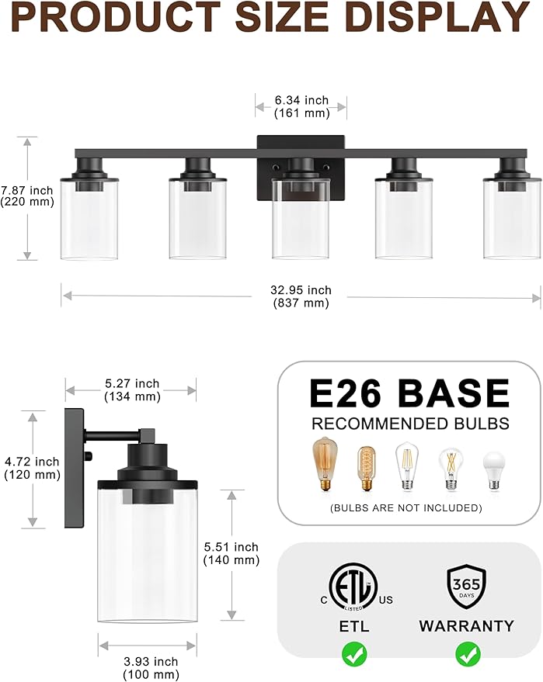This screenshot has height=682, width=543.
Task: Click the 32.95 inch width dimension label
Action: pos(301,296)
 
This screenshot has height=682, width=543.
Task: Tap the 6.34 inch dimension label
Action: pos(301,106)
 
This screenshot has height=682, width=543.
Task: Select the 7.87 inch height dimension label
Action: pos(27,196)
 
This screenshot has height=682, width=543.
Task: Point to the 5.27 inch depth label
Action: pos(131,389)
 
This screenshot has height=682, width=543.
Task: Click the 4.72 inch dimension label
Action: pos(32,468)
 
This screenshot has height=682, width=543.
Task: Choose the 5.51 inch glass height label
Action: pos(231,553)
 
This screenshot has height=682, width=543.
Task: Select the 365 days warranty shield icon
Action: pos(466,587)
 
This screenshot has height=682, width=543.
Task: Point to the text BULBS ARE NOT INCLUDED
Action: pos(406,507)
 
